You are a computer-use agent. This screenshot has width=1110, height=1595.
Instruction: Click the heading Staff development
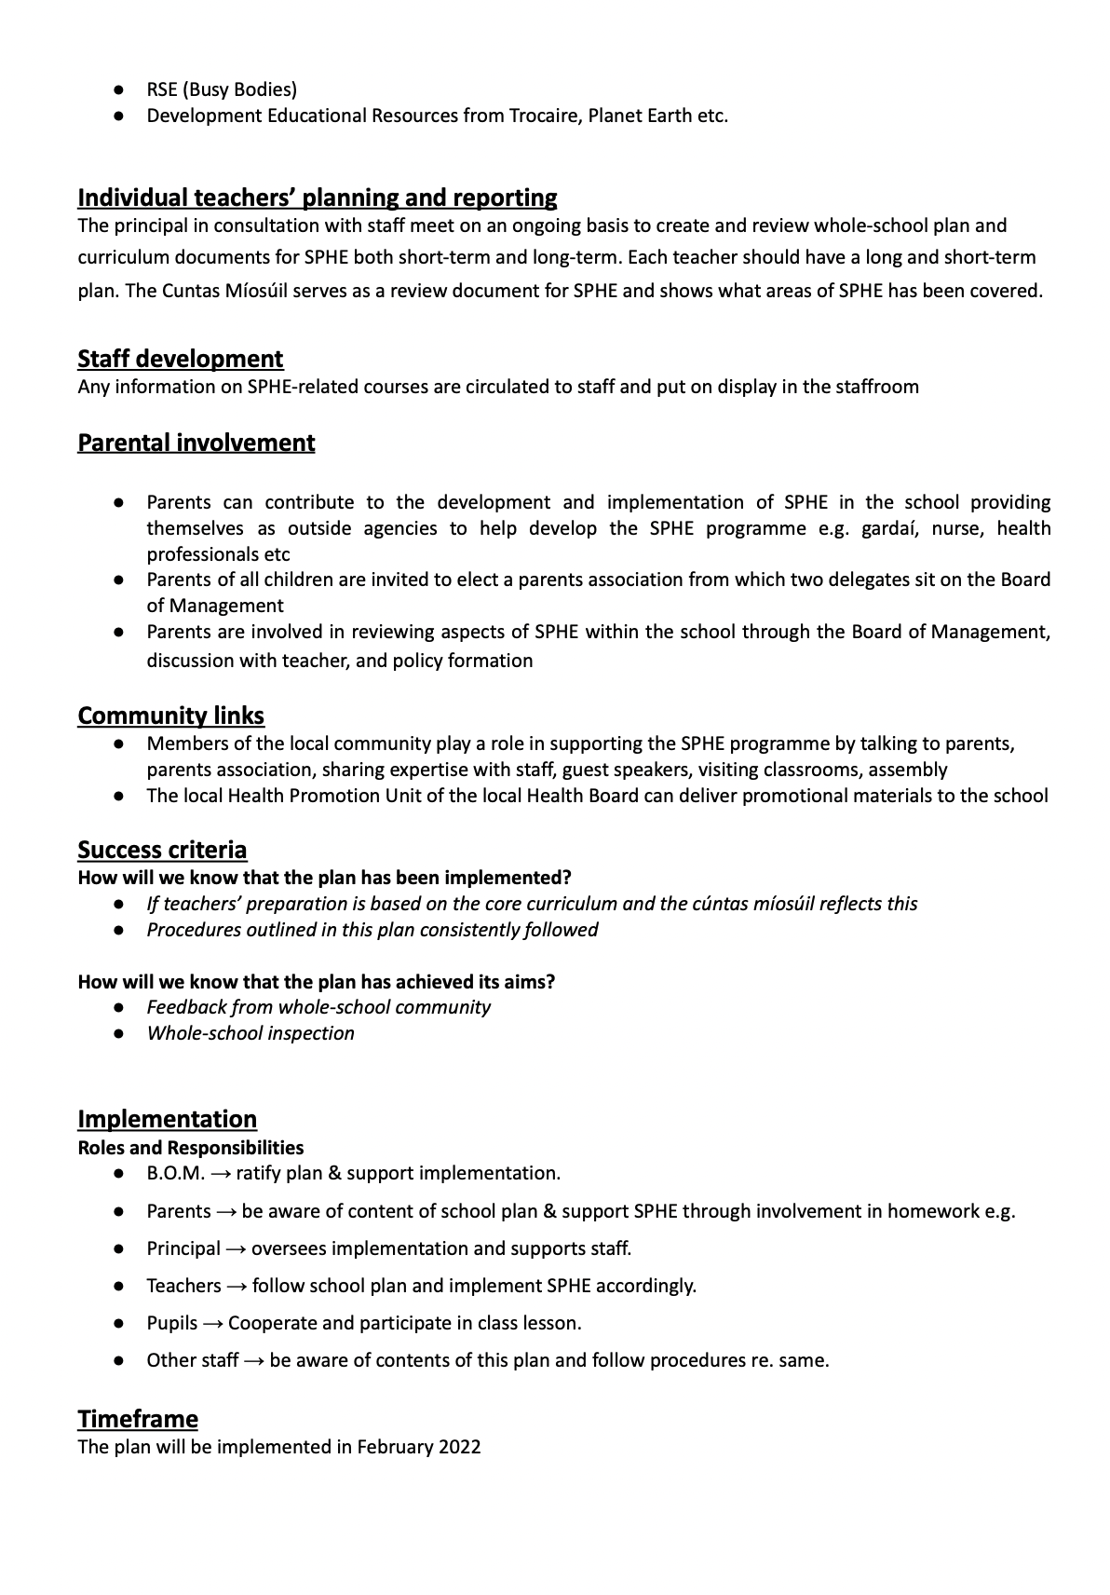pos(181,359)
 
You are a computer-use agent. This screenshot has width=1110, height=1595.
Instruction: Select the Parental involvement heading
pos(196,443)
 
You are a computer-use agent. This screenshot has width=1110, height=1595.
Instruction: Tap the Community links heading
pos(170,716)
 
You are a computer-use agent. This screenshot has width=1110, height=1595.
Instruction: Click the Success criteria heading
pos(162,850)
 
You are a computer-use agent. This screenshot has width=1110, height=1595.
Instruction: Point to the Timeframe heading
pos(138,1419)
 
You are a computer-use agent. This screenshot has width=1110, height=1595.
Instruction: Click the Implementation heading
pos(167,1119)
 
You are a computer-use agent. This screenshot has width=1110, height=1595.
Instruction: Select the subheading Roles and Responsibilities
pos(190,1148)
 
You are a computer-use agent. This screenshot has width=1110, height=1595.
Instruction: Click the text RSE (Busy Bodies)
pos(222,89)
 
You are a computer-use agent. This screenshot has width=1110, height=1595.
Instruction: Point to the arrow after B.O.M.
pos(221,1174)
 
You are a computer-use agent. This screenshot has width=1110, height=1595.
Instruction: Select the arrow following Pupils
pos(212,1323)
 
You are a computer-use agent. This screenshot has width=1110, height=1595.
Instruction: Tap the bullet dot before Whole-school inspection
pos(119,1033)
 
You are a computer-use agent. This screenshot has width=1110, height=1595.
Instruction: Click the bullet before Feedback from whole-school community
pos(119,1007)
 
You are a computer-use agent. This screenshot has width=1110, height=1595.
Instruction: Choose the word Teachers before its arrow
pos(183,1286)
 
